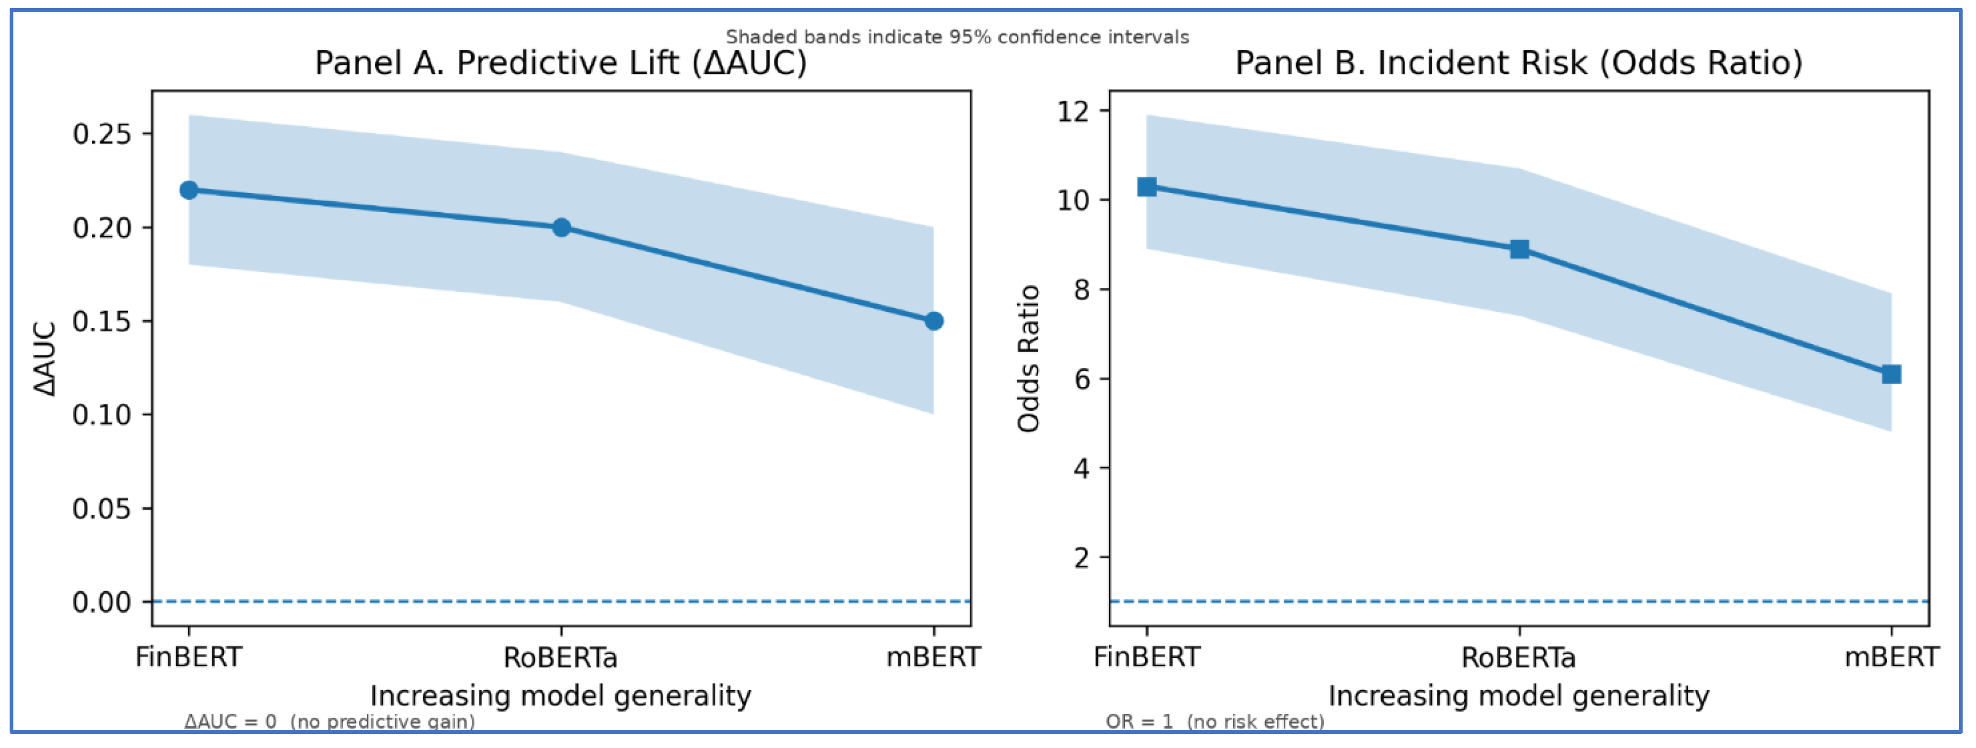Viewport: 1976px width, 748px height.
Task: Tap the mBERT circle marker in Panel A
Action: click(933, 320)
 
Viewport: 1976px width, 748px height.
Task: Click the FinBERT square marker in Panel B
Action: click(1147, 186)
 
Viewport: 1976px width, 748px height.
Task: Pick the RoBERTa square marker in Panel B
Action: click(1520, 249)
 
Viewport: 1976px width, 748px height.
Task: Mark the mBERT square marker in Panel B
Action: click(1891, 375)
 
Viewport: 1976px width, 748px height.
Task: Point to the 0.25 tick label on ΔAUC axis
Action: click(102, 134)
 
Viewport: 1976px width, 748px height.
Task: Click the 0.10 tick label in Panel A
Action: click(102, 415)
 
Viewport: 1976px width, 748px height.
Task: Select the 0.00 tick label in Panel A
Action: click(102, 602)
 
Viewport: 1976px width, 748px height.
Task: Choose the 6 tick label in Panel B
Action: click(1082, 379)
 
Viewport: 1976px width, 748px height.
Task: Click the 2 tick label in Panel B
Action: click(1082, 558)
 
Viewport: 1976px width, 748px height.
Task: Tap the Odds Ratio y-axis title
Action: click(1029, 358)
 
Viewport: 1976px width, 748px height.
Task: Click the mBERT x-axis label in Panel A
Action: click(933, 658)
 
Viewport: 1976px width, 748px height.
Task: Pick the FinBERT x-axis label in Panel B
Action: click(1147, 658)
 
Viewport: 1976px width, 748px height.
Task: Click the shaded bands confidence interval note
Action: click(958, 37)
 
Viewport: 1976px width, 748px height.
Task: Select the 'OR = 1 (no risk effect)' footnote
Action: click(1215, 721)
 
